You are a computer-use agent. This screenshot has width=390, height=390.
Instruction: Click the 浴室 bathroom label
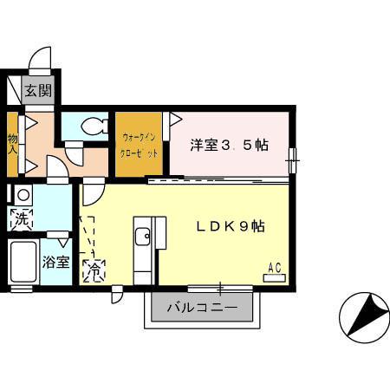[x=56, y=262]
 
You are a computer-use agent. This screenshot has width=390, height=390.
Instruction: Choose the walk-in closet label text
[x=140, y=145]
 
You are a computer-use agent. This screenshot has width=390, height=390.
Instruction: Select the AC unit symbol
[x=275, y=277]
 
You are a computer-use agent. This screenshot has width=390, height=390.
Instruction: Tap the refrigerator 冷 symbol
[x=93, y=271]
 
